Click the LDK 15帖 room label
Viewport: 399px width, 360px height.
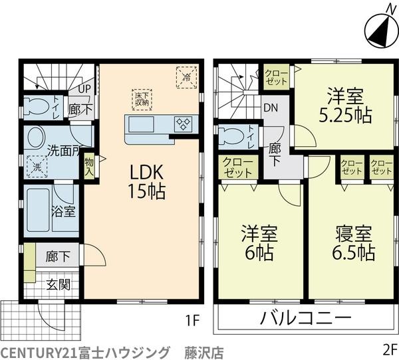tap(146, 181)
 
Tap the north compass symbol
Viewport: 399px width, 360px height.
tap(382, 29)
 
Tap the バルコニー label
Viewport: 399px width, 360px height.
tap(305, 317)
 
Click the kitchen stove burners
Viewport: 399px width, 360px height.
tap(183, 124)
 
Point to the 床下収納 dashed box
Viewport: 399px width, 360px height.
tap(142, 100)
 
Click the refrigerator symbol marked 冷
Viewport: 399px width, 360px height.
tap(186, 77)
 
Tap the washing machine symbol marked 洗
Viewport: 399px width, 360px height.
tap(37, 167)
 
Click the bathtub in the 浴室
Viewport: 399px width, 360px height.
tap(38, 210)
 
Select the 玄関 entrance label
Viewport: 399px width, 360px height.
tap(59, 284)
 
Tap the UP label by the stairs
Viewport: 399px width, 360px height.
tap(84, 89)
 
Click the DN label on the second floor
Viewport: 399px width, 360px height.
tap(271, 108)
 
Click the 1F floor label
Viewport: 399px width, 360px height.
tap(192, 320)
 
